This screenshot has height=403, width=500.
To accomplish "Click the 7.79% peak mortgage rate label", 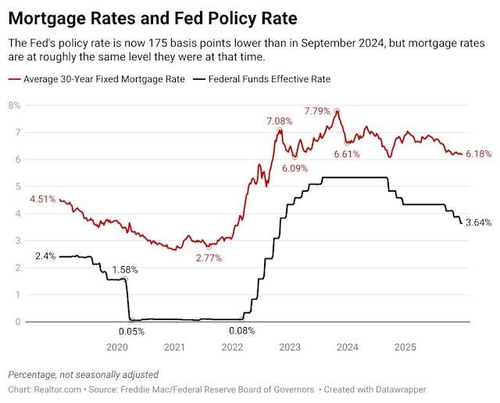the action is (x=317, y=111).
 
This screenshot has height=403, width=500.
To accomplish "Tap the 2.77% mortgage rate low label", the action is (x=209, y=258).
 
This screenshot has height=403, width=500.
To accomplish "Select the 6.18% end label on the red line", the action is (x=479, y=154).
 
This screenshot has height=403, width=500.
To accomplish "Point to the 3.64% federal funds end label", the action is (x=479, y=222).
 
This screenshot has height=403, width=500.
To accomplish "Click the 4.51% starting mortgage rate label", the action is (x=43, y=200).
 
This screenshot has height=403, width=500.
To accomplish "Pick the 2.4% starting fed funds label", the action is (x=45, y=256).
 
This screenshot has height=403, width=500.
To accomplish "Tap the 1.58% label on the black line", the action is (x=125, y=270).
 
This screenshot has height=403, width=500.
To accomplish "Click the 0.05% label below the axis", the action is (x=131, y=332).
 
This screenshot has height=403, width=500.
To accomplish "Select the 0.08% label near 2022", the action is (x=241, y=331).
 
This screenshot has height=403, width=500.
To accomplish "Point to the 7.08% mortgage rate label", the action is (x=280, y=121).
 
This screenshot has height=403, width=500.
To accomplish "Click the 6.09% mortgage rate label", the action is (x=295, y=168).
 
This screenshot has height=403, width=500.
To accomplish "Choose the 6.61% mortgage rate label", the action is (x=347, y=155).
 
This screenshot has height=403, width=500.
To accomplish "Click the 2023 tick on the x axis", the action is (x=290, y=347).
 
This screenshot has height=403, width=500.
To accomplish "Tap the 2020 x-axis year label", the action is (x=117, y=347).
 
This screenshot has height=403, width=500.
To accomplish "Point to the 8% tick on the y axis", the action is (x=14, y=106).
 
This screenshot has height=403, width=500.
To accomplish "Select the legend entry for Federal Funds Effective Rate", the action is (x=262, y=79).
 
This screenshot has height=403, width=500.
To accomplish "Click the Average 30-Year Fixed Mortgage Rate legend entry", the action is (x=97, y=79).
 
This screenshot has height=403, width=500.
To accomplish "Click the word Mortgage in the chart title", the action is (x=48, y=19).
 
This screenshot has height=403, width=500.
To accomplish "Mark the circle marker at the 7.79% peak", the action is (x=337, y=111).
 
